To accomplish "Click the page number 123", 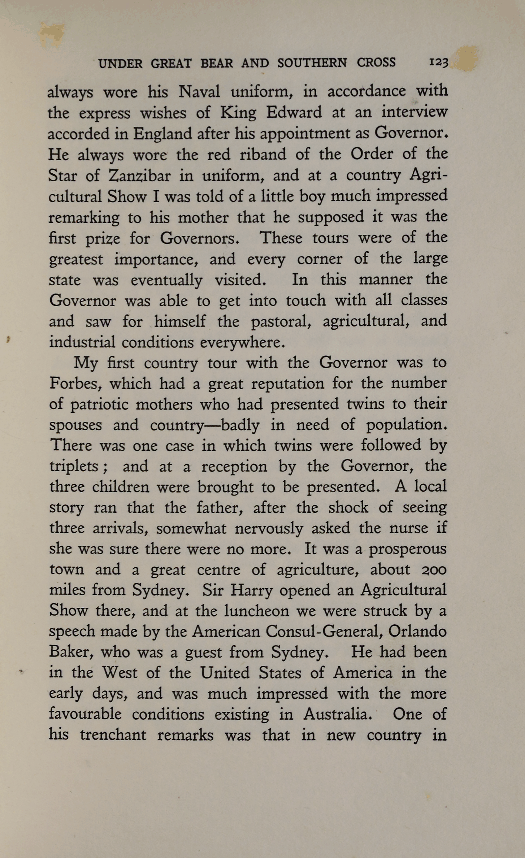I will tap(438, 63).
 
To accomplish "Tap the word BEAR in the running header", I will tap(216, 64).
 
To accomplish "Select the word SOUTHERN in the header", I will tap(312, 63).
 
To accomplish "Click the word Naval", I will tap(199, 92).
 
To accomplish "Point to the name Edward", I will tap(294, 112).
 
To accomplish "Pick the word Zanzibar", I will tap(139, 175).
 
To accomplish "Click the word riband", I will tap(262, 155).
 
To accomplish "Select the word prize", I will tap(102, 239).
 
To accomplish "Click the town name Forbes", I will tap(75, 383).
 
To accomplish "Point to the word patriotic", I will tap(99, 404).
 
